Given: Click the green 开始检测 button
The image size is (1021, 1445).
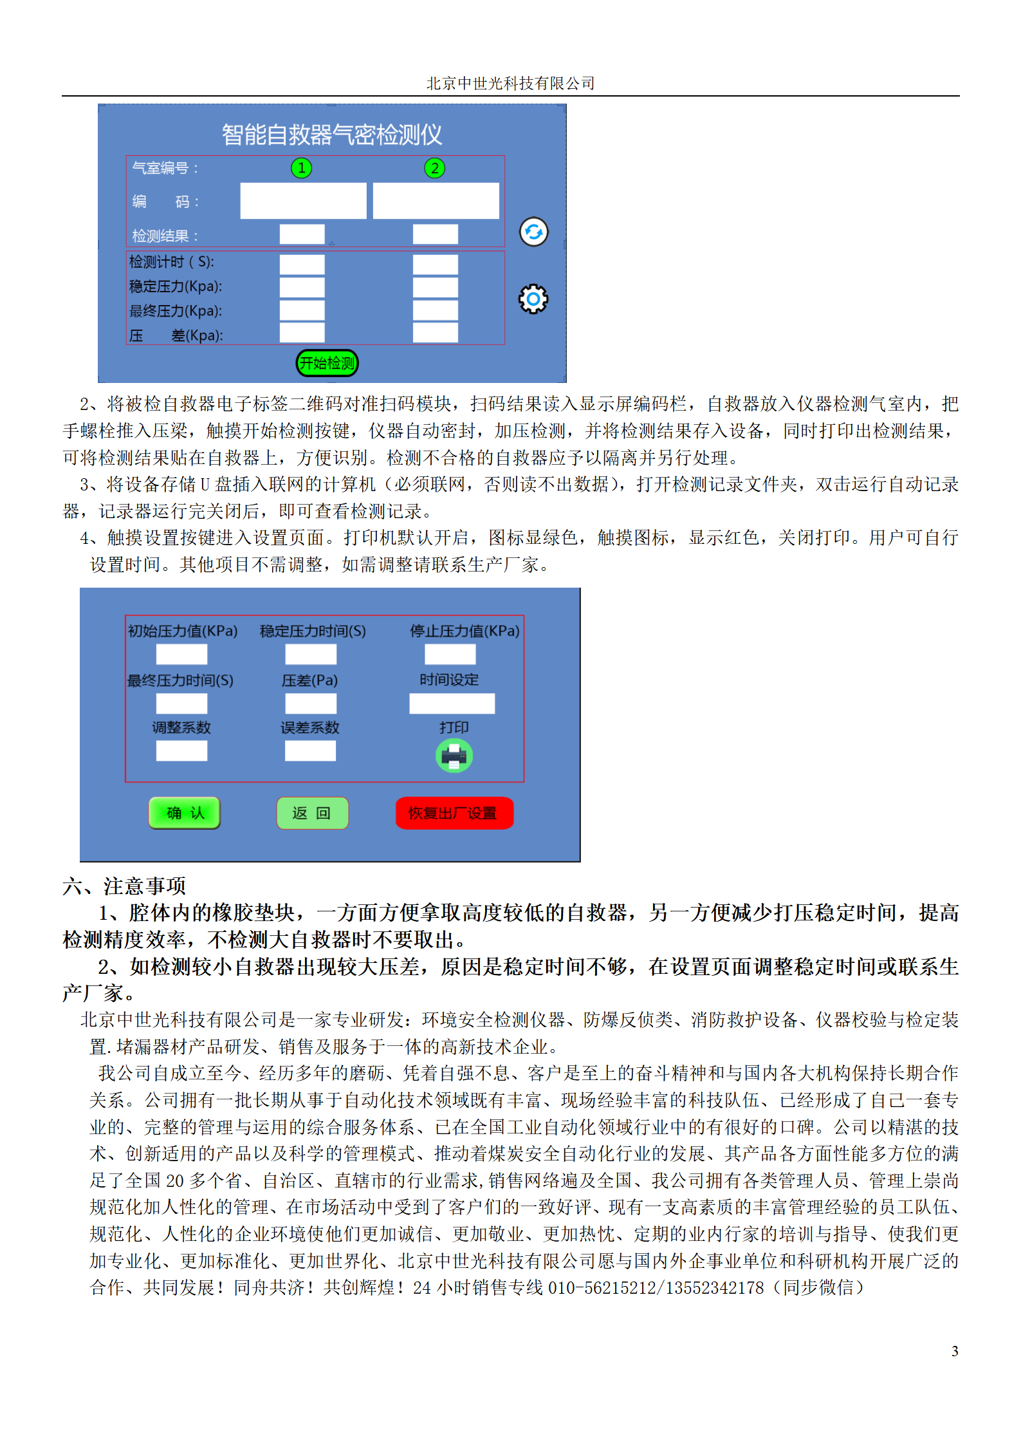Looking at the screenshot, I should tap(327, 363).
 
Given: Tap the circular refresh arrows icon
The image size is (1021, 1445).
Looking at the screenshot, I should tap(533, 232).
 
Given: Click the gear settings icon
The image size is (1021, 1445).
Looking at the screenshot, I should tap(533, 299).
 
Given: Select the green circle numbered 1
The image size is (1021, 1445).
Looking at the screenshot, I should tap(301, 168).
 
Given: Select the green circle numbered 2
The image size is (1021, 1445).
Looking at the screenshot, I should tap(434, 168).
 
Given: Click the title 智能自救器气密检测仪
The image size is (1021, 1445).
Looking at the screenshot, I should tap(331, 135).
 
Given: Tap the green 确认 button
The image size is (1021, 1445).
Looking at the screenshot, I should tap(185, 813).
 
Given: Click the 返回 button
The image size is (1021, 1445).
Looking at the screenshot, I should tap(312, 813).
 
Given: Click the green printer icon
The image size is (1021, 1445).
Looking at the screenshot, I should tap(454, 756).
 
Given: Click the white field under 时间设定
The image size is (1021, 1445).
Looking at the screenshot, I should tap(452, 704).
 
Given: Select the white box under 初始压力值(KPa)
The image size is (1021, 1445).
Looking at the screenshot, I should tap(181, 655).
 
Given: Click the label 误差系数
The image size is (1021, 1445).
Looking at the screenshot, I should tap(309, 727).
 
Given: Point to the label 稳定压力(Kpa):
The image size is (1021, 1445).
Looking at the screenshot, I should tap(176, 286).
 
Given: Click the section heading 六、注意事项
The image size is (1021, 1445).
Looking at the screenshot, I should tap(124, 886).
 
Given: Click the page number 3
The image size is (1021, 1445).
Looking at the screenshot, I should tap(955, 1351).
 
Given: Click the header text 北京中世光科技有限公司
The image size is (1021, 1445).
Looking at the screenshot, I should tap(510, 83).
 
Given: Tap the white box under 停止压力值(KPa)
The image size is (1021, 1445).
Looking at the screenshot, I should tap(450, 655).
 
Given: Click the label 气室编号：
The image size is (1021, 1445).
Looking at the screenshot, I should tap(165, 168).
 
